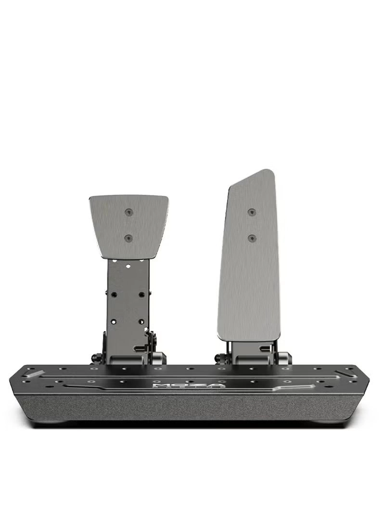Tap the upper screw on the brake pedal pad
pos(128,212)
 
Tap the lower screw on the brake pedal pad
pos(128,238)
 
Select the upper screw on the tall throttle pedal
pos(251,212)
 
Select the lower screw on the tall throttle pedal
pos(251,238)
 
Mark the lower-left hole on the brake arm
pos(114,321)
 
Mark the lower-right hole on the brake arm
pos(141,321)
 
